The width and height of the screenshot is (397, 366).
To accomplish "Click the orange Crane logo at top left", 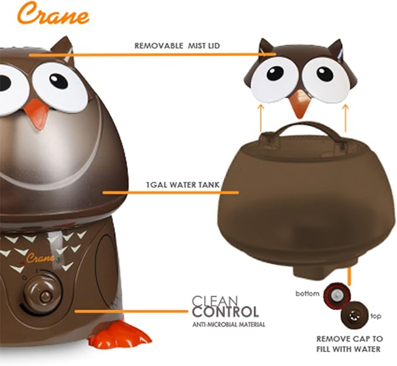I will click(x=53, y=14).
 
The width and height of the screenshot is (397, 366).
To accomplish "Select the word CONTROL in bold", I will click(x=225, y=311).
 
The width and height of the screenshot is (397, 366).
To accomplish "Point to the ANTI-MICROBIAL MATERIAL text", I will click(x=229, y=324).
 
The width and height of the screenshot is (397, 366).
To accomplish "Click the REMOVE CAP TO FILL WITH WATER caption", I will click(x=348, y=344).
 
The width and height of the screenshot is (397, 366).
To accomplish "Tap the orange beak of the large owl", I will click(x=37, y=113).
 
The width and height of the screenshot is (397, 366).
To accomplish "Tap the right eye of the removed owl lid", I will click(x=324, y=75).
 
